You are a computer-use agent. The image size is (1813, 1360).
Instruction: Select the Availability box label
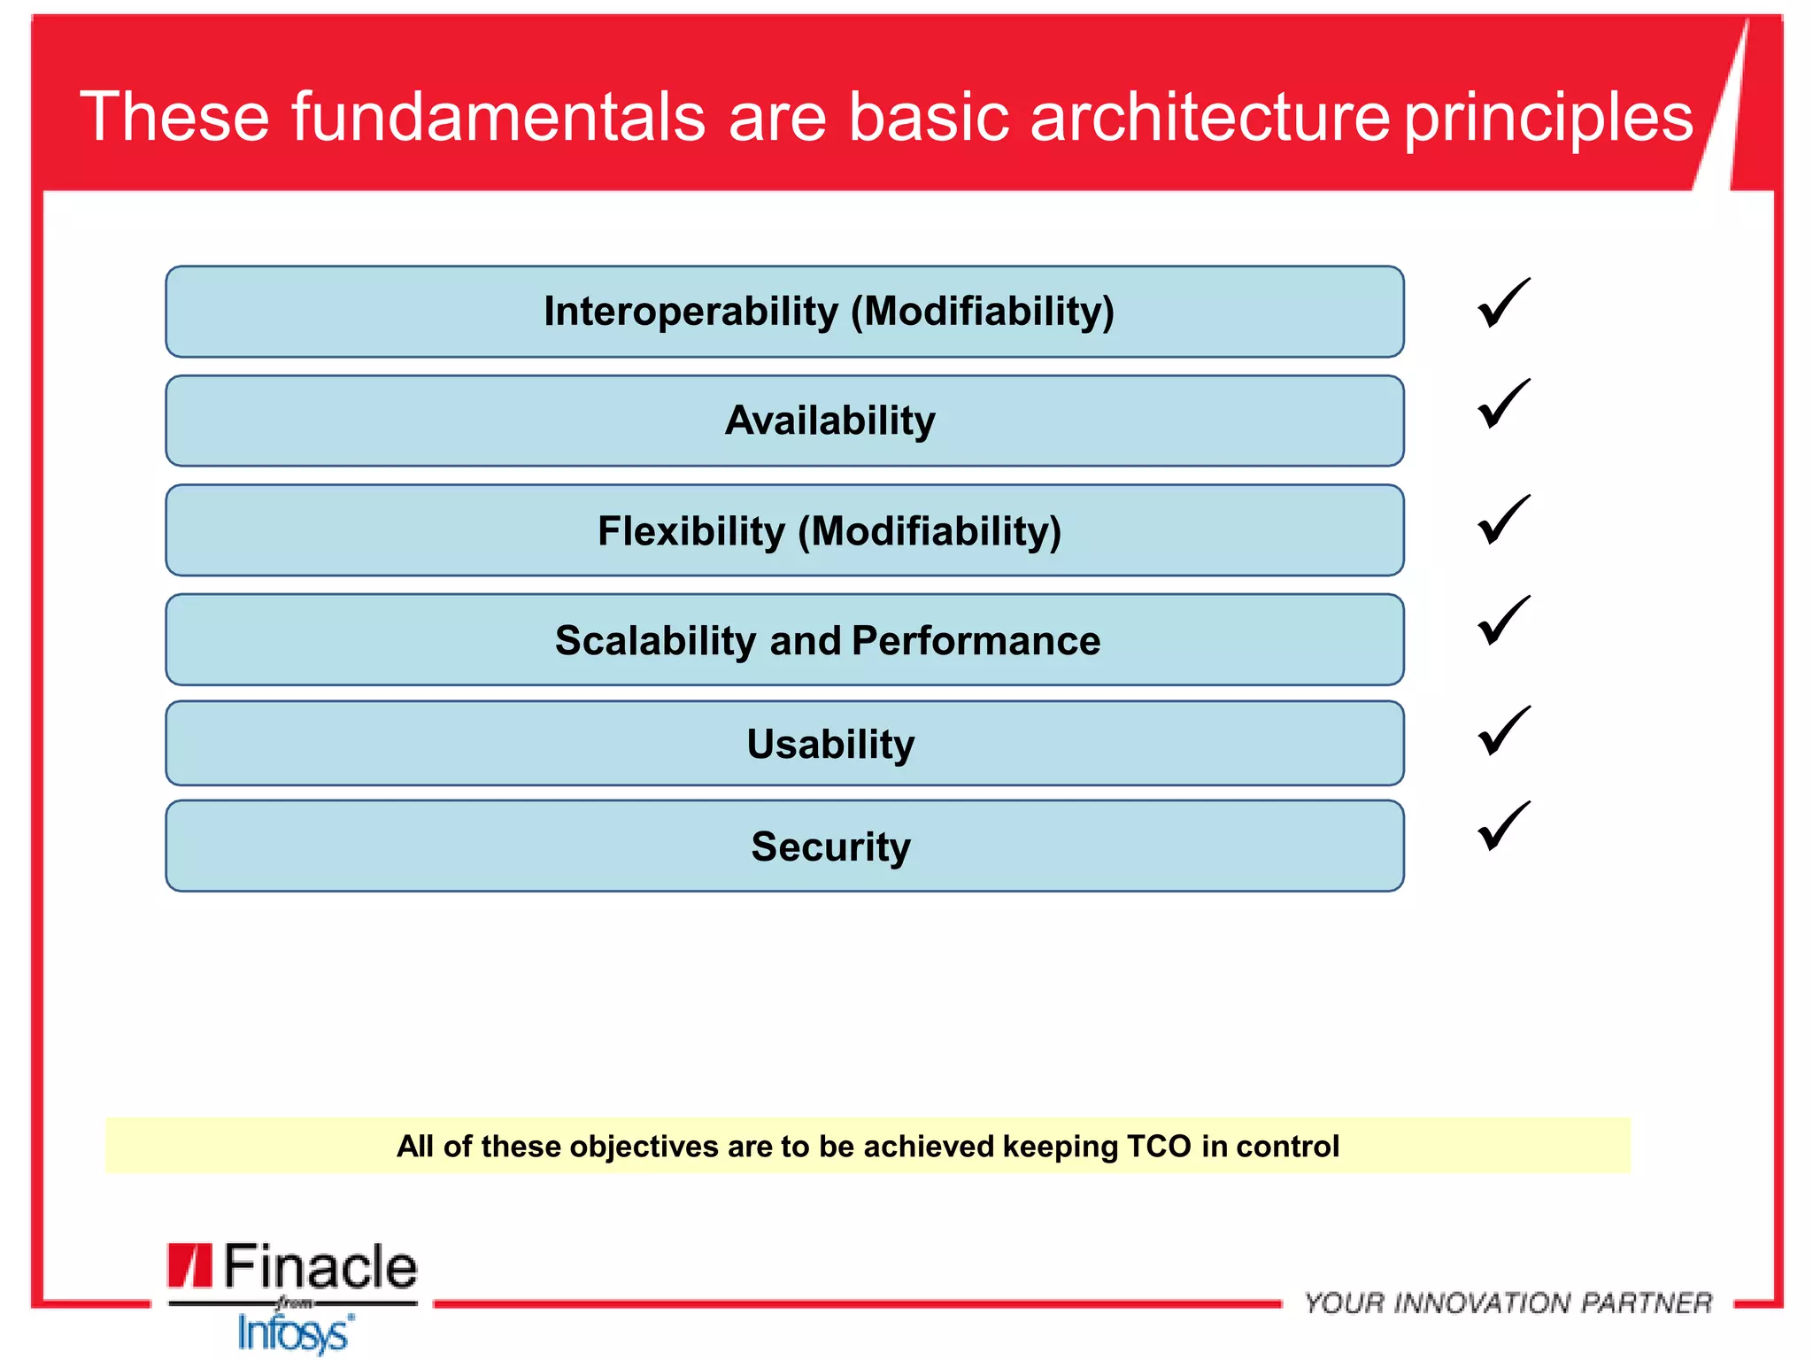click(x=829, y=421)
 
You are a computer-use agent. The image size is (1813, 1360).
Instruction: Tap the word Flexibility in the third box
click(x=690, y=531)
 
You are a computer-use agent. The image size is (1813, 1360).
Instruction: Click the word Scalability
click(x=655, y=640)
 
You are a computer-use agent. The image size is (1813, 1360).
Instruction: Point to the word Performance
click(x=976, y=640)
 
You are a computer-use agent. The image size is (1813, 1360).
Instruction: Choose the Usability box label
click(x=829, y=744)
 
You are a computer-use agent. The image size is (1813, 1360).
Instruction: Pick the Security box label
click(x=829, y=846)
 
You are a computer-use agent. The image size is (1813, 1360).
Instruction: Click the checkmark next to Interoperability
click(x=1502, y=304)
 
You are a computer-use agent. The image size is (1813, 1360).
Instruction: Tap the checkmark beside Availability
click(x=1502, y=405)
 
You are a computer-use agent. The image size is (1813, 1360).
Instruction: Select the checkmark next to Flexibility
click(x=1502, y=520)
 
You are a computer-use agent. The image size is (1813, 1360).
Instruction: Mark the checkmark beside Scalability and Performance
click(x=1502, y=621)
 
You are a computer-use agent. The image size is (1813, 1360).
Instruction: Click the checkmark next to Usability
click(x=1502, y=731)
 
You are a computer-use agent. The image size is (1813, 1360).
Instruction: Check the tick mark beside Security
click(x=1502, y=826)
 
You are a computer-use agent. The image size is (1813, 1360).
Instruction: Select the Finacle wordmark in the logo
click(x=319, y=1266)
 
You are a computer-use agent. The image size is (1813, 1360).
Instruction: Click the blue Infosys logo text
click(x=294, y=1333)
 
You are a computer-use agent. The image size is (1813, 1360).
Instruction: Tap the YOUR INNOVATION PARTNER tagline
click(x=1508, y=1302)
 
